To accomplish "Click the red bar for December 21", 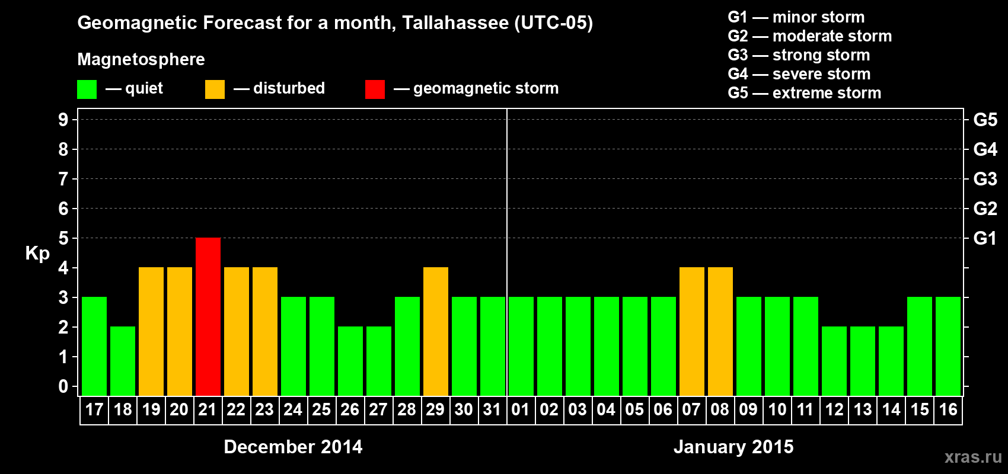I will (x=208, y=317).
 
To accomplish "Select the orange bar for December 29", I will (x=436, y=332).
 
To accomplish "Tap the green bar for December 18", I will (x=123, y=361).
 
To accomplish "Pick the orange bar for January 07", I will (x=692, y=332).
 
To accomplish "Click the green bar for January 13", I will (x=863, y=361).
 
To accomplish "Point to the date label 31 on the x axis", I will (x=492, y=410).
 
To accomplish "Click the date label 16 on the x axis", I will (x=948, y=410).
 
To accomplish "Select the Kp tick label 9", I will (x=63, y=120).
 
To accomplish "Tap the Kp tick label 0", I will (x=63, y=387).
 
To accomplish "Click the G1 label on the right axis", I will (x=985, y=238).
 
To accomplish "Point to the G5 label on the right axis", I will (x=985, y=120).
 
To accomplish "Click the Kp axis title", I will (x=37, y=254).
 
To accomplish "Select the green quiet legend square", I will (x=87, y=89).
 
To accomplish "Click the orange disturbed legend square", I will (x=215, y=89).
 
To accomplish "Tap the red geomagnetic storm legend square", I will (x=375, y=89).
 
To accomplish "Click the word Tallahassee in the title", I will (x=455, y=23).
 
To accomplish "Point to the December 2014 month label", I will (x=293, y=447).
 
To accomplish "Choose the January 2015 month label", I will (x=733, y=447).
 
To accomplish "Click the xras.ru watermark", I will (x=973, y=457).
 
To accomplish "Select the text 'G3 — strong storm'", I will (x=799, y=55).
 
